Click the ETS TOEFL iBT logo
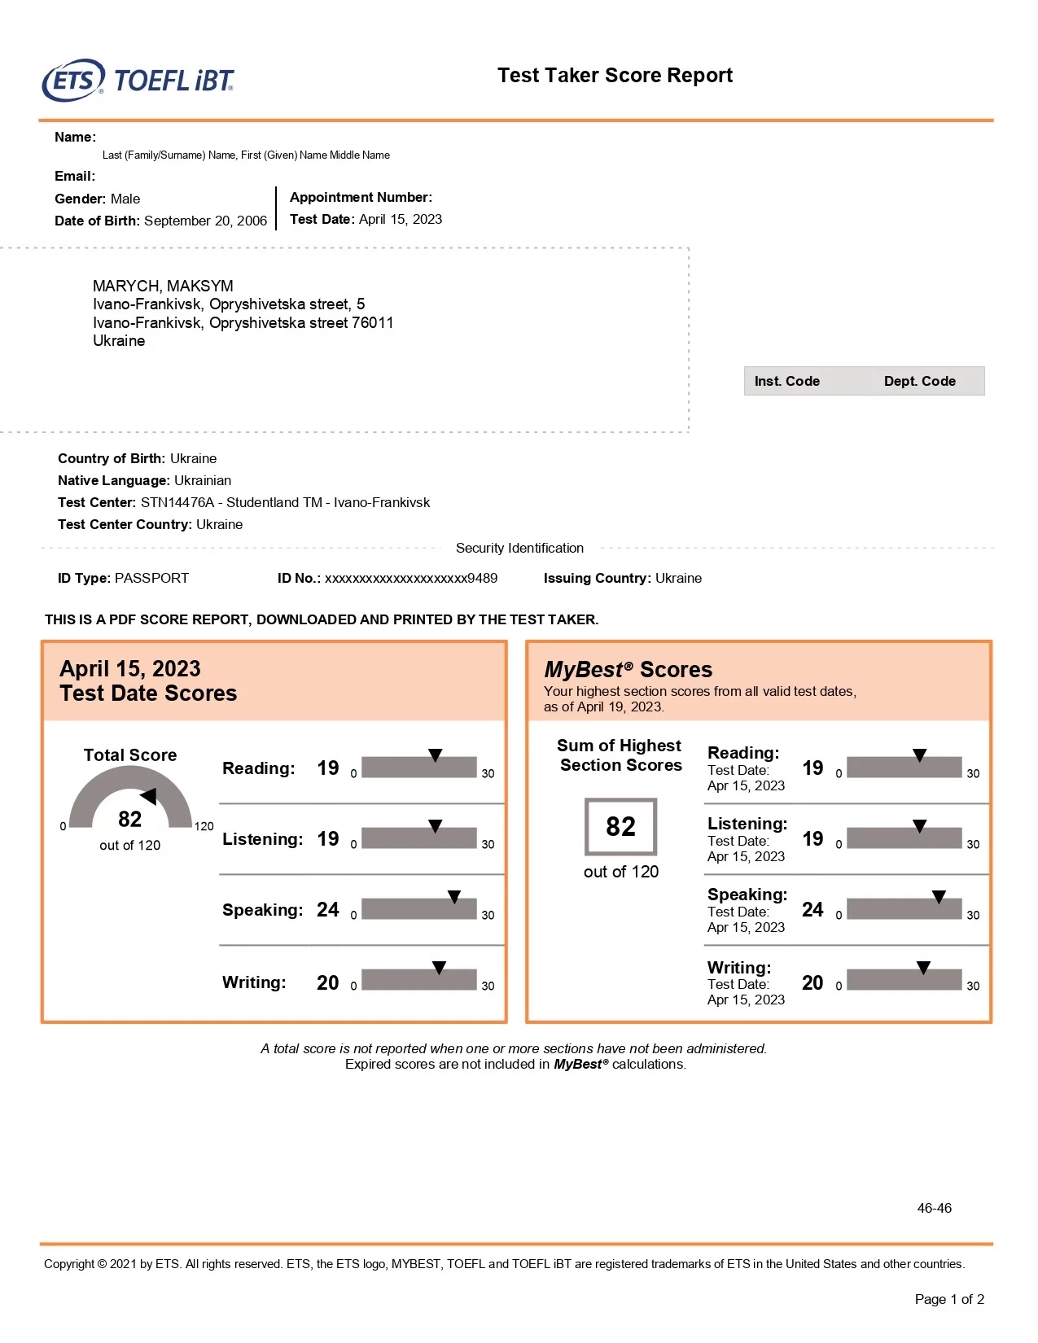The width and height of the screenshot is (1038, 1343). pos(138,81)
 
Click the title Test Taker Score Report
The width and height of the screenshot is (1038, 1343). pos(615,76)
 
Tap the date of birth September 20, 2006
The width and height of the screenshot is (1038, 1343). pos(205,221)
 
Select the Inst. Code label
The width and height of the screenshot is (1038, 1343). pos(786,381)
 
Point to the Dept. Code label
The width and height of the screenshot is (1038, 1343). pos(919,381)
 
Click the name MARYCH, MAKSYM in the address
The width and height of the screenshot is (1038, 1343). pos(163,286)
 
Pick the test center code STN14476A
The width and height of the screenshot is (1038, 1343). pos(177,502)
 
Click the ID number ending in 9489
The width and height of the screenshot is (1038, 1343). pos(411,578)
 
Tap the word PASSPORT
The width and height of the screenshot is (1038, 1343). pos(151,578)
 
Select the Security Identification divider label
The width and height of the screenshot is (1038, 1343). pos(519,548)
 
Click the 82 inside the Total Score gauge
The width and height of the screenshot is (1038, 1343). pos(129,819)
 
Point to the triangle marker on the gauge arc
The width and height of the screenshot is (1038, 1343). pos(149,796)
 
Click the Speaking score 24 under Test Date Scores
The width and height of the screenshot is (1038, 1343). pos(327,909)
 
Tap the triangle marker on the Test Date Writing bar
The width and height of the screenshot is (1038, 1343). pos(439,968)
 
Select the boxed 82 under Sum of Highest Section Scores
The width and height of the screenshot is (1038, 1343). pos(620,826)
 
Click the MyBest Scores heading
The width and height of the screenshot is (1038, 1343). pos(628,670)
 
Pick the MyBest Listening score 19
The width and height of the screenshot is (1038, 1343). pos(812,838)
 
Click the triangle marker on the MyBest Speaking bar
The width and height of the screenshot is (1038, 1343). pos(939,897)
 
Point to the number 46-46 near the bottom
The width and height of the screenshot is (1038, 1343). pos(934,1208)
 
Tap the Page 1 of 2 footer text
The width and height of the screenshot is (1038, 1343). pos(949,1299)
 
